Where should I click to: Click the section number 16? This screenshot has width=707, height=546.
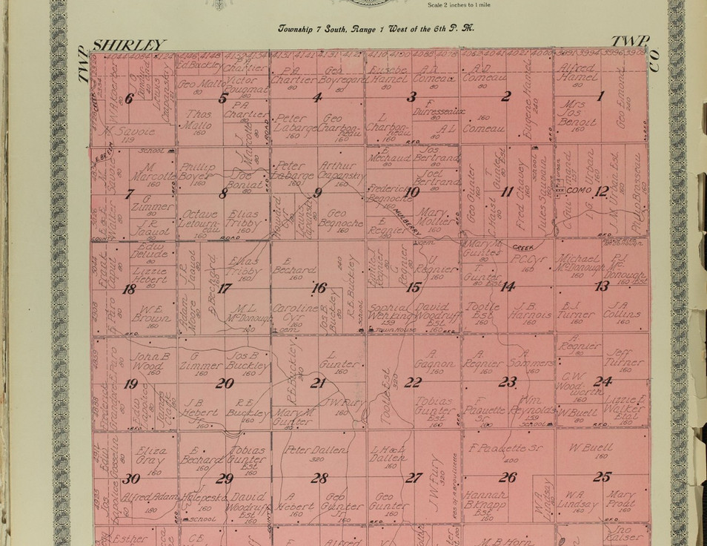[x=319, y=288]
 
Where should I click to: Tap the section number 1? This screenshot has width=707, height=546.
[x=601, y=95]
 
